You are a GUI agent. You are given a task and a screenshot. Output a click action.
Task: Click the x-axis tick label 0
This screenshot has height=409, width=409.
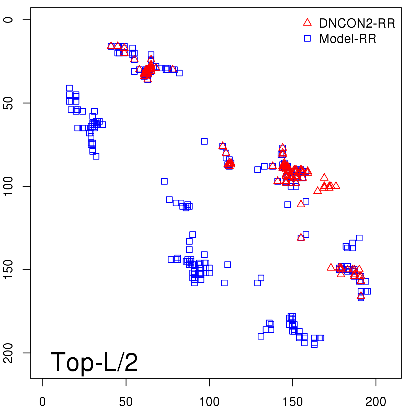[x=42, y=402]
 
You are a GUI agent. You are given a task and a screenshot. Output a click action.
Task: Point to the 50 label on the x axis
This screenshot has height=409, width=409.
[x=126, y=402]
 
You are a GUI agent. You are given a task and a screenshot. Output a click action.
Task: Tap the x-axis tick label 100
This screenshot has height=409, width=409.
[x=209, y=402]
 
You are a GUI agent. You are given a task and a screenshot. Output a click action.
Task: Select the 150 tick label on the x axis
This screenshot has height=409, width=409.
[x=292, y=402]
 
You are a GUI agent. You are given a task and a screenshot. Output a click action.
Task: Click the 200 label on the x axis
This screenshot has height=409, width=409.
[x=376, y=402]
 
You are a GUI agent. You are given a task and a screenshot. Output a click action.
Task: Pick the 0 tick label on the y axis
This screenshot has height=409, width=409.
[x=8, y=20]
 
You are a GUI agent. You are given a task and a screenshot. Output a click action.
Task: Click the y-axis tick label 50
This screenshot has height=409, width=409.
[x=8, y=103]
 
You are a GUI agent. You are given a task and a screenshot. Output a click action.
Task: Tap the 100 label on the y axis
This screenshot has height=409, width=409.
[x=8, y=186]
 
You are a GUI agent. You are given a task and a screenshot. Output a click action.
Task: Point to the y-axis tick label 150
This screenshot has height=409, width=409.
[x=8, y=270]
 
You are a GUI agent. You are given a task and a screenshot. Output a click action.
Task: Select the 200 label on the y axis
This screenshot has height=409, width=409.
[x=8, y=353]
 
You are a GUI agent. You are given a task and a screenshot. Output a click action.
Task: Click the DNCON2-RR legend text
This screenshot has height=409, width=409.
[x=357, y=24]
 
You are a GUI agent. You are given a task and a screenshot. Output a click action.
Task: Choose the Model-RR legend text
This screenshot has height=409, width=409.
[x=348, y=39]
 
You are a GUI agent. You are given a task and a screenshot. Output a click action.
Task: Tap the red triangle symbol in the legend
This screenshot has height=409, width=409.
[x=307, y=22]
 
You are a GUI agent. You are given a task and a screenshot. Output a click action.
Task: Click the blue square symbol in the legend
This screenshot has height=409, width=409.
[x=307, y=38]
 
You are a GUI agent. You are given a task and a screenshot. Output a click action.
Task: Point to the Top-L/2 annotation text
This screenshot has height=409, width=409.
[x=94, y=362]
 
